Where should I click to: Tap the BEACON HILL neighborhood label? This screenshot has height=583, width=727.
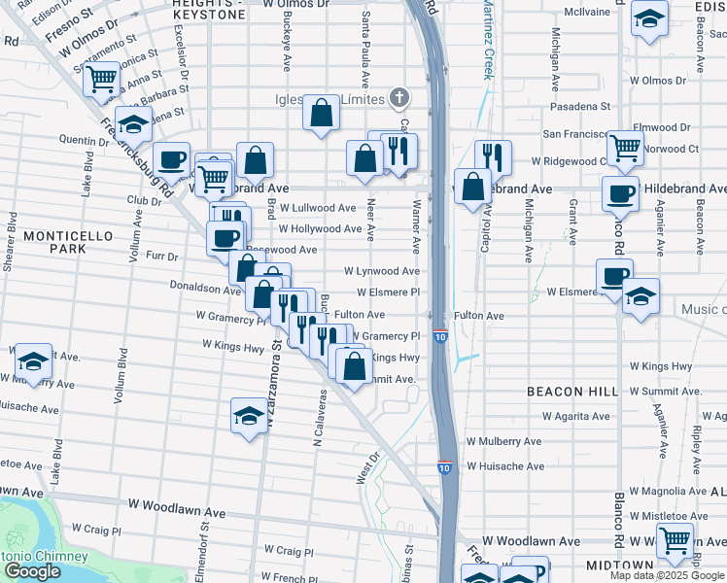[572, 391]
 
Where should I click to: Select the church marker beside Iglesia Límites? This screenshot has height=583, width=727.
[398, 97]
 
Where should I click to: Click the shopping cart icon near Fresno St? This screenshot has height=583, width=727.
[101, 80]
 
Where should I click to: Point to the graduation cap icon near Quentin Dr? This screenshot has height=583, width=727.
[133, 124]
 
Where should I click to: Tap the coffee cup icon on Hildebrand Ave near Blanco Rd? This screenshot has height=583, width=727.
[619, 192]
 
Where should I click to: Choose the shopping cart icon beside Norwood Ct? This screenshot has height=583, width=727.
[624, 148]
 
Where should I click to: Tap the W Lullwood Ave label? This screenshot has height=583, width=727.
[318, 208]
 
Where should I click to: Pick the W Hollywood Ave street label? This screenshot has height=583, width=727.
[321, 229]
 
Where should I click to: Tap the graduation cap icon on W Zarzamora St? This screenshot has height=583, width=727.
[249, 417]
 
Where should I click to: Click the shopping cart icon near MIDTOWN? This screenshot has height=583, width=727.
[674, 539]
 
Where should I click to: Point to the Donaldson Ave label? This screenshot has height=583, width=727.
[204, 289]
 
